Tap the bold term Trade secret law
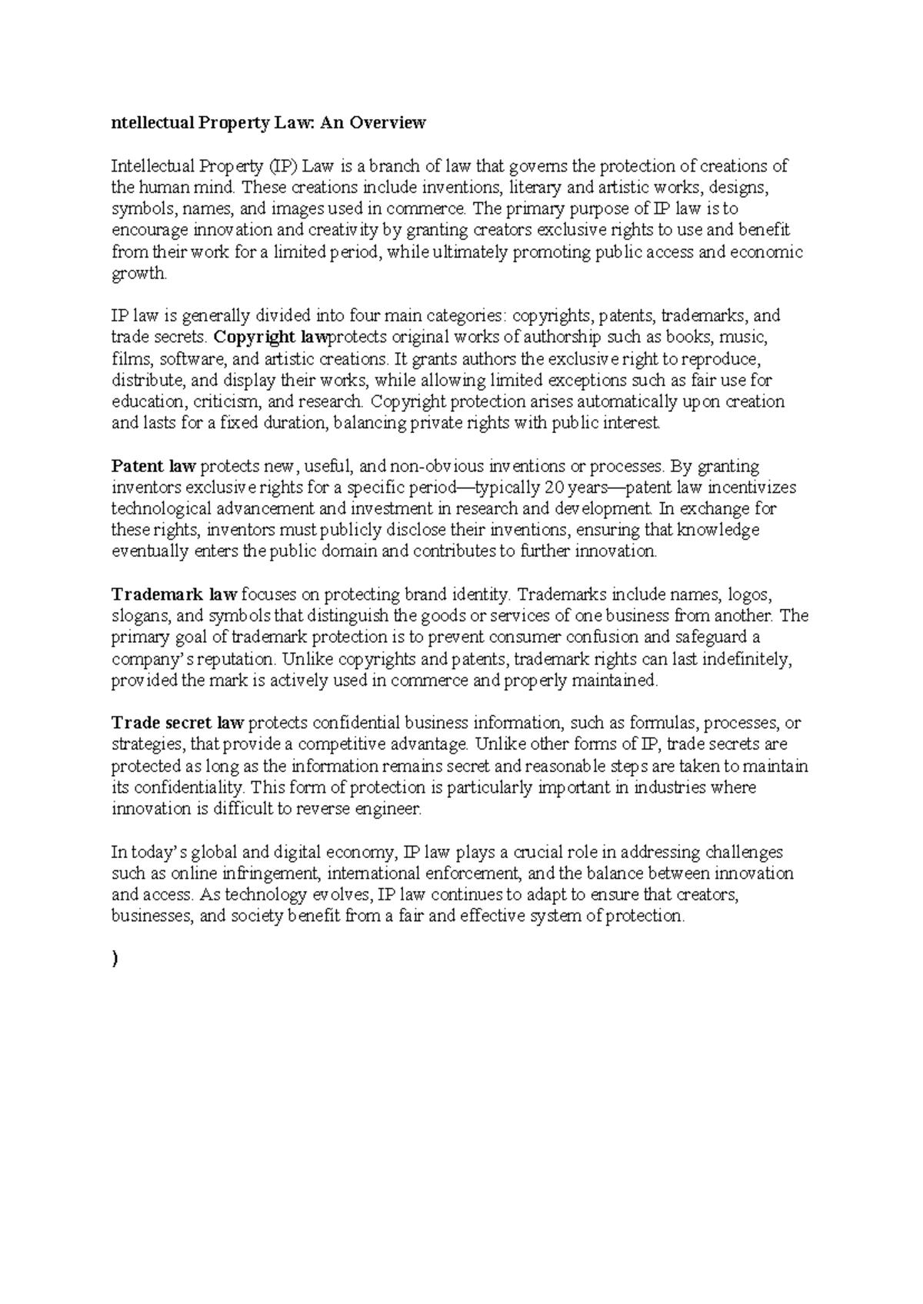(178, 723)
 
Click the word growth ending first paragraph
(138, 274)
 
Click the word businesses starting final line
(150, 916)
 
